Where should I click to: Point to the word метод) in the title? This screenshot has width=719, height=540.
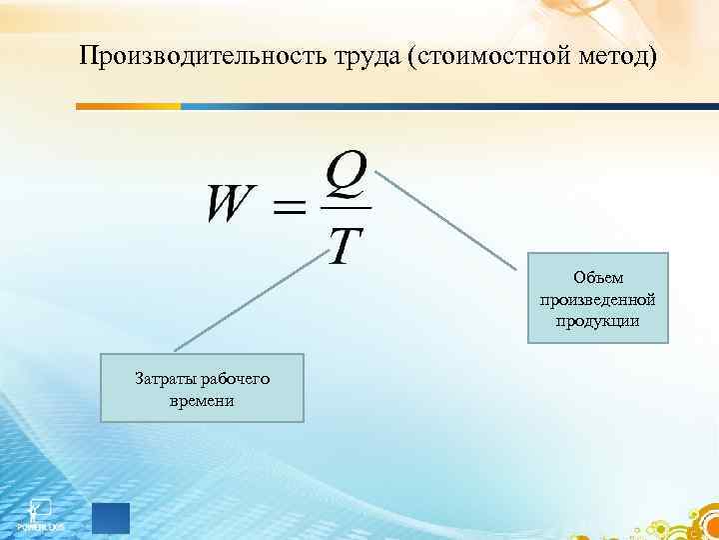coord(611,56)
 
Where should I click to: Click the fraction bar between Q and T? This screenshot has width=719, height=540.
coord(347,208)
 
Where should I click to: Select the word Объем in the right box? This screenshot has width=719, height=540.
coord(597,278)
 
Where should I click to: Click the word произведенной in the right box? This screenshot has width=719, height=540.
coord(597,299)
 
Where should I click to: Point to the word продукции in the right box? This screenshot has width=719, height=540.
coord(597,320)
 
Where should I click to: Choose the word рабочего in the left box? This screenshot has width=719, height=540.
coord(236,378)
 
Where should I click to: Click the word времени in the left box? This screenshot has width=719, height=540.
coord(202,400)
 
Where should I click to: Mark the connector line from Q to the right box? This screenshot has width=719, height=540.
coord(449,218)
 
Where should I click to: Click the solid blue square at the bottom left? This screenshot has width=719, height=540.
coord(111,517)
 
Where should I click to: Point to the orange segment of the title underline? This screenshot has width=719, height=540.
coord(129,105)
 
